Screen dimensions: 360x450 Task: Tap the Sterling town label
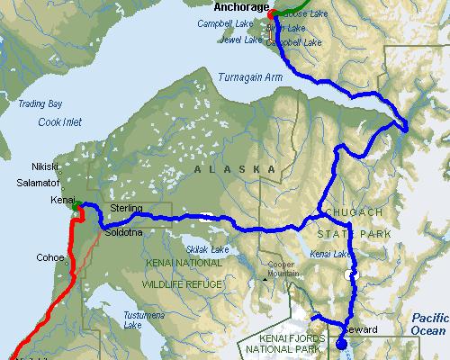point(125,208)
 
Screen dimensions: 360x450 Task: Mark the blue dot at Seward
point(341,342)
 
